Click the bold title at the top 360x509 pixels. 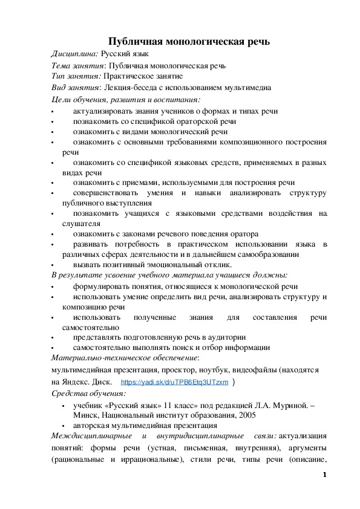188,41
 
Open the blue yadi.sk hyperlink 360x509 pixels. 175,383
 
